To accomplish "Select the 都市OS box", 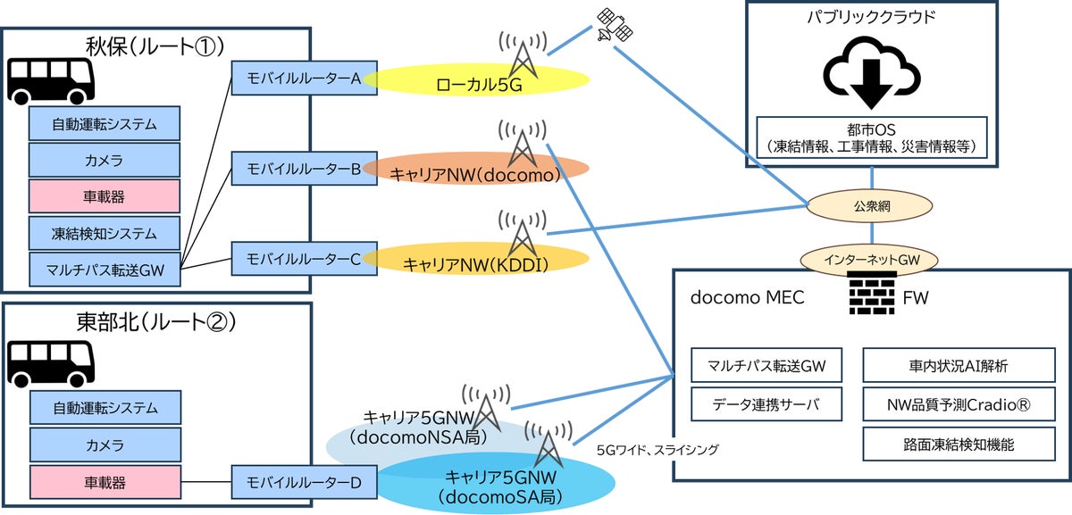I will [871, 137].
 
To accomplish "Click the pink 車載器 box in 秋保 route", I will [105, 196].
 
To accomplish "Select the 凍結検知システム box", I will [105, 234].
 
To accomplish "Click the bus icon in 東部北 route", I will [51, 361].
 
